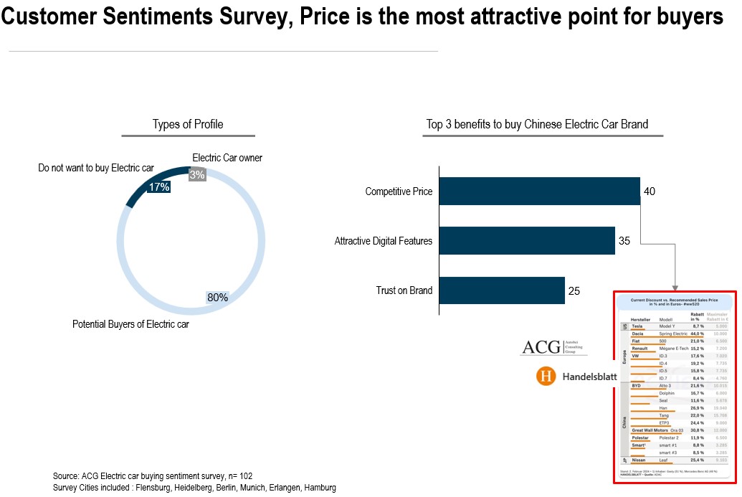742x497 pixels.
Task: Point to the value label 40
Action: point(650,191)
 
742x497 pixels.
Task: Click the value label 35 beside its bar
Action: point(624,241)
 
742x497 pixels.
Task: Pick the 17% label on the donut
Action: point(158,187)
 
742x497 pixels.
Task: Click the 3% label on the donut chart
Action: point(197,174)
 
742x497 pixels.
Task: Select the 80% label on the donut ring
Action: point(217,297)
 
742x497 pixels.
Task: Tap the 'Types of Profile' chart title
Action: point(188,125)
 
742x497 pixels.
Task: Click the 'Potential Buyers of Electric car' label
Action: point(130,324)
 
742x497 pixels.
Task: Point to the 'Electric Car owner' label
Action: point(227,158)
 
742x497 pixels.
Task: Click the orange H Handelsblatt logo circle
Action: point(547,376)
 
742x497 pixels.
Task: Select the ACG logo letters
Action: point(542,347)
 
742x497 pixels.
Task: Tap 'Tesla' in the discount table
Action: point(637,326)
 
